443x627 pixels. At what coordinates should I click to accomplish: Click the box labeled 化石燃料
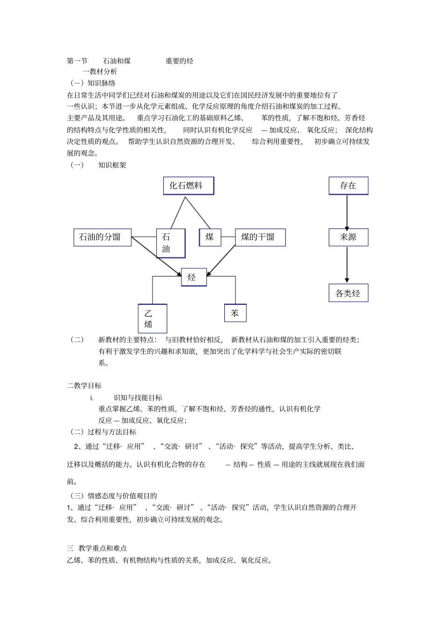point(188,186)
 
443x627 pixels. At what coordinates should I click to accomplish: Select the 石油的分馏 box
point(103,237)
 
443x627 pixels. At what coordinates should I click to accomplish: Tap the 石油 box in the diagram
point(171,243)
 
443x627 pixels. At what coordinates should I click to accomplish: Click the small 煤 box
point(210,237)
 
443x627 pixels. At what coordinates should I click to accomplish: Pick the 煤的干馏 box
point(260,237)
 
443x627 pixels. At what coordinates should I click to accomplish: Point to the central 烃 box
point(194,277)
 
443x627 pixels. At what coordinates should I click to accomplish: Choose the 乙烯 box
point(152,318)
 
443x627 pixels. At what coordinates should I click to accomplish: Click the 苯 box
point(235,313)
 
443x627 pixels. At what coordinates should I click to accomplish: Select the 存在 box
point(348,186)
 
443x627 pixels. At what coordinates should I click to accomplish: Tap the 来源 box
point(348,237)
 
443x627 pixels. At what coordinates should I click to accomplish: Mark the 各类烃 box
point(348,293)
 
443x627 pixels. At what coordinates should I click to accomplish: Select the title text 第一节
point(77,61)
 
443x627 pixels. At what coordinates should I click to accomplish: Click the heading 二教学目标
point(84,386)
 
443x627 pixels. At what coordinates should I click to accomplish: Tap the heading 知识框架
point(112,165)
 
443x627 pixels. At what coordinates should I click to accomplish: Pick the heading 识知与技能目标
point(138,398)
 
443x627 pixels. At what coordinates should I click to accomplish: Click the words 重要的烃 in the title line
point(180,61)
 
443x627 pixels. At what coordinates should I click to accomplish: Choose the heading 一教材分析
point(100,72)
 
